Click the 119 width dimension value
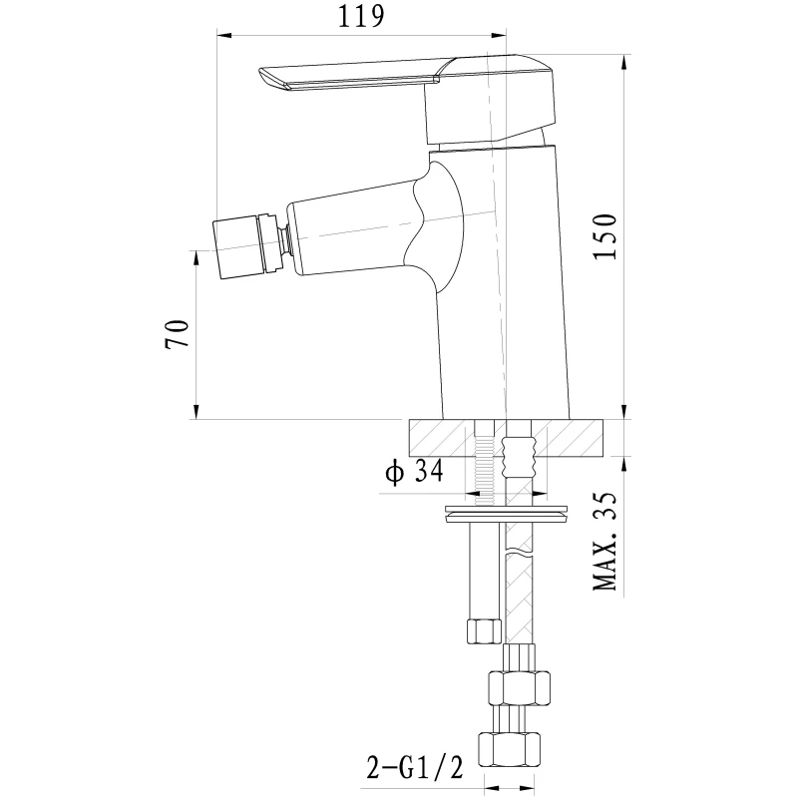tap(361, 17)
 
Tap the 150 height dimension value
tap(605, 236)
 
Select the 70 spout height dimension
tap(177, 334)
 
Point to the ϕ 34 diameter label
tap(414, 471)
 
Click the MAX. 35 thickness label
tap(605, 541)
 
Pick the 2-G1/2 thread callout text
tap(415, 768)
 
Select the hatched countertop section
tap(506, 437)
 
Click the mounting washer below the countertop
tap(506, 514)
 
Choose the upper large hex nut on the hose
tap(519, 687)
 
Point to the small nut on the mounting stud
tap(484, 630)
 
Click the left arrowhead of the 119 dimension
tap(225, 35)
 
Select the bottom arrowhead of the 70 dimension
tap(197, 411)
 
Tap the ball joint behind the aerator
tap(285, 240)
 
